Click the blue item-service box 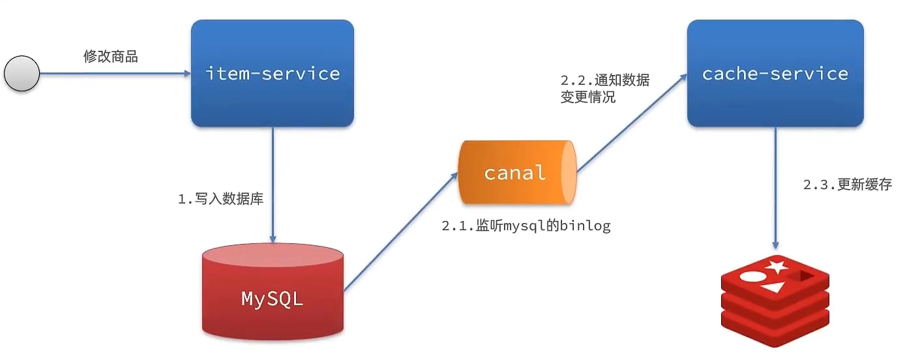273,73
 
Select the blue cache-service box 775,73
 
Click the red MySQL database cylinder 273,293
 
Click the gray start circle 22,73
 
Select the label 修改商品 111,56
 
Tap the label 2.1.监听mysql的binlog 526,226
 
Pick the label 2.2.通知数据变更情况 604,89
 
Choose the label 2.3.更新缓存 847,185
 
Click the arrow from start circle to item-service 114,74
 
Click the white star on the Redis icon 775,266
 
